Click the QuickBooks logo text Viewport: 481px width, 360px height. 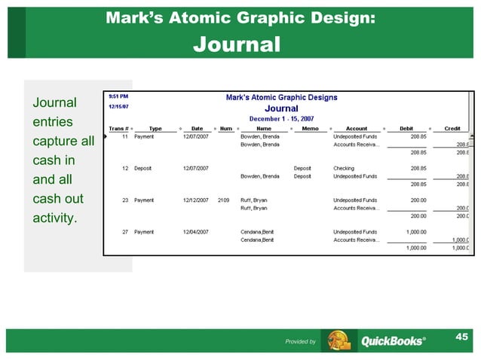click(393, 341)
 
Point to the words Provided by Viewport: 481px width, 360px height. click(300, 342)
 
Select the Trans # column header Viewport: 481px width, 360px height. click(118, 128)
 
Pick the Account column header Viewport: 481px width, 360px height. click(357, 128)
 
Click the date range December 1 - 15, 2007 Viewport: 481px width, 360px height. click(282, 118)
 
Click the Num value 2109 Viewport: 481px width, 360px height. click(223, 200)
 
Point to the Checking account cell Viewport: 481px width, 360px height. click(344, 168)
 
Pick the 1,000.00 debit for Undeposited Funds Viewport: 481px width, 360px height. click(416, 232)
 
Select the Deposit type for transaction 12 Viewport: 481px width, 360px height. click(145, 168)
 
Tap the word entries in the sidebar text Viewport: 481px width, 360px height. click(52, 121)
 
